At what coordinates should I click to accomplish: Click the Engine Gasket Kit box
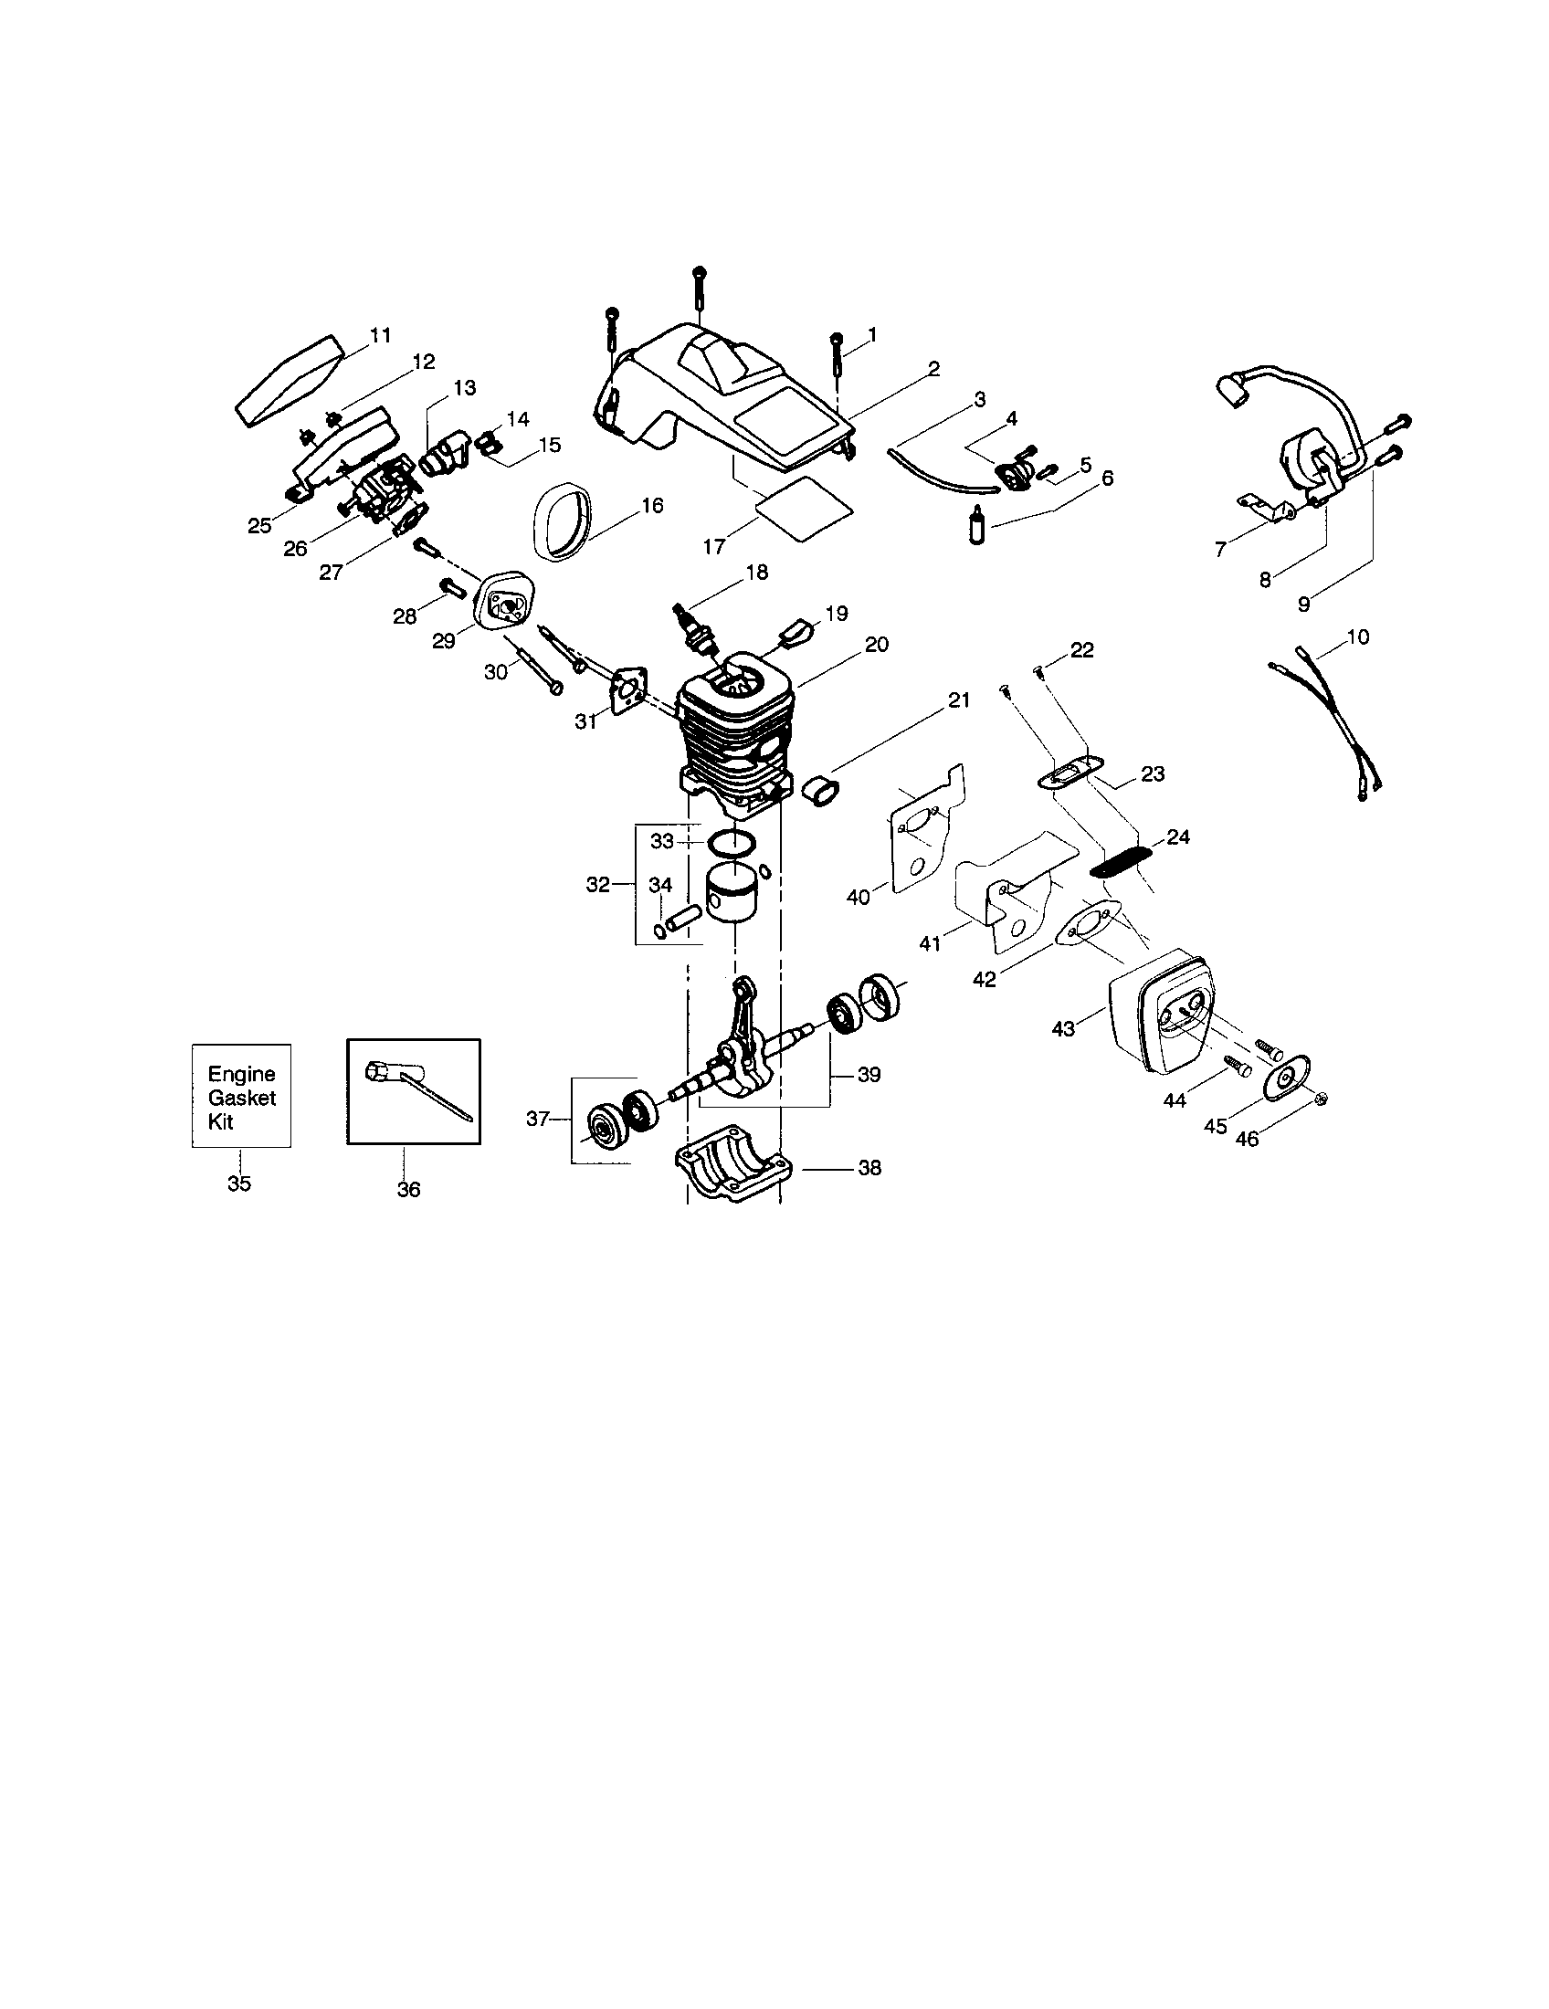(241, 1096)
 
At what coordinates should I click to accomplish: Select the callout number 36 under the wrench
(408, 1189)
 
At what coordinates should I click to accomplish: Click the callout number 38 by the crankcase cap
(869, 1168)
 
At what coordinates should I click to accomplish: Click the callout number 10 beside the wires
(1358, 636)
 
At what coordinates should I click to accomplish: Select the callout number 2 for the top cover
(933, 369)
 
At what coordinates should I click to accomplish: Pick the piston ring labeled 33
(732, 841)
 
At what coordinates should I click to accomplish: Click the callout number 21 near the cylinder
(958, 700)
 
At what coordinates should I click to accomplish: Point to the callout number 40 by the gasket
(858, 897)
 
